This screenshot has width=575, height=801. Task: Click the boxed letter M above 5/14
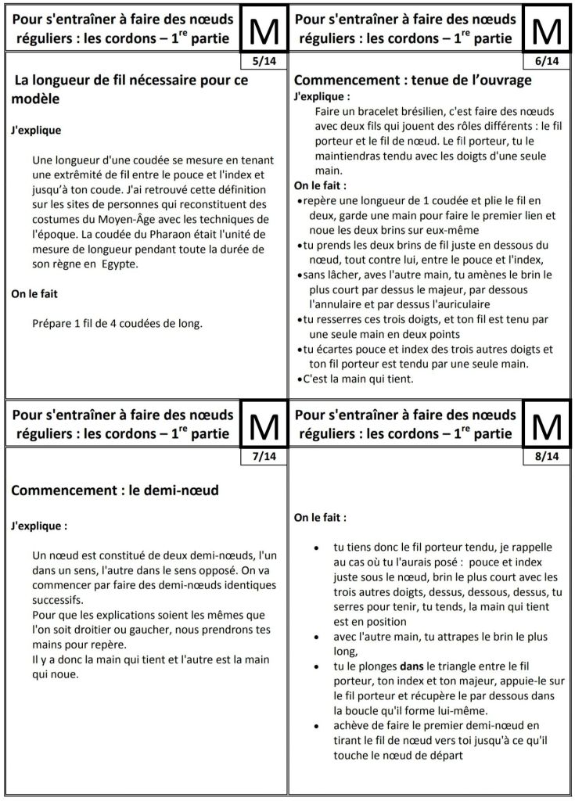pos(263,31)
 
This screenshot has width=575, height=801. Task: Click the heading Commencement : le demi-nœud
pos(114,490)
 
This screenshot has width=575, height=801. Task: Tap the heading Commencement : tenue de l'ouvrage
pos(412,81)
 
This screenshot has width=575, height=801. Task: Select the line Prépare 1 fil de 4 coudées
pos(117,322)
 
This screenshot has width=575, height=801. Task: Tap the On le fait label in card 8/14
pos(321,517)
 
